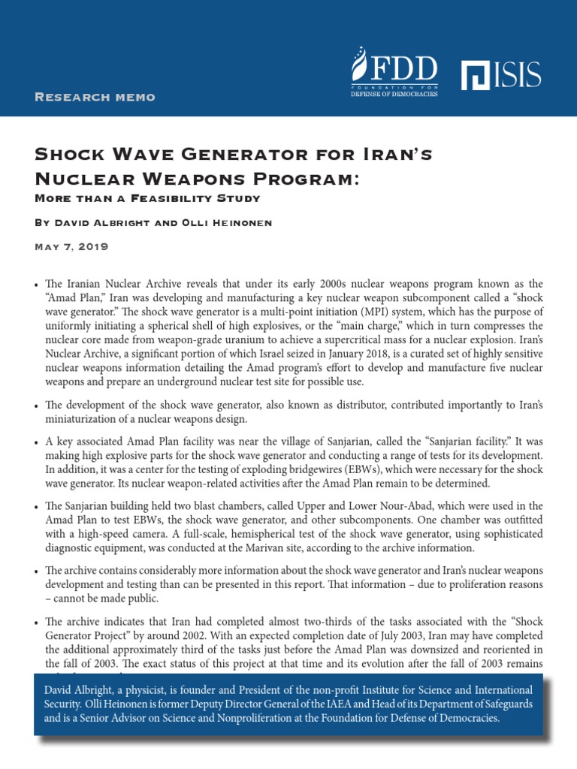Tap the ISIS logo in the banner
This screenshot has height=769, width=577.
click(501, 74)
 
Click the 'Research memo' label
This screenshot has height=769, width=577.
click(95, 97)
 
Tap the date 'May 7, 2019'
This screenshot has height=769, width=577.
click(72, 246)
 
